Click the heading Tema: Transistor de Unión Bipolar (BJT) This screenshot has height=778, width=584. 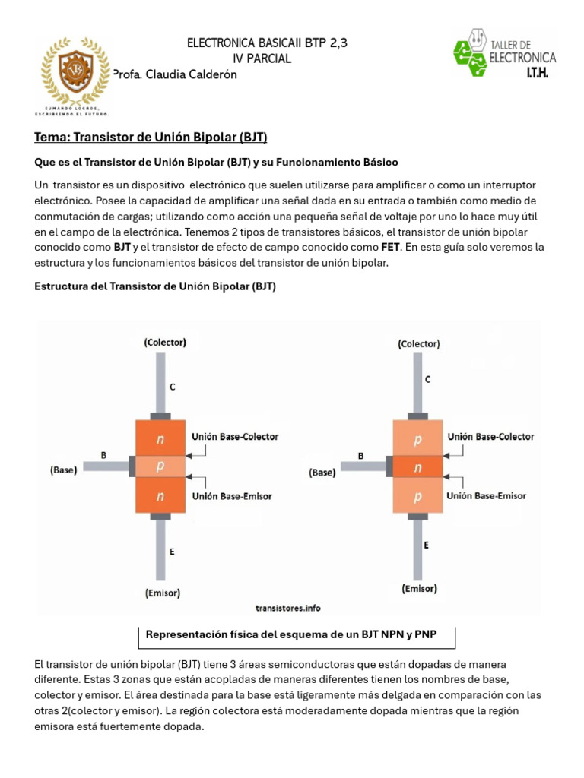click(151, 137)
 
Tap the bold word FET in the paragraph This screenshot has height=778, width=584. click(390, 247)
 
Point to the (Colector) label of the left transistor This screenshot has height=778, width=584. click(164, 343)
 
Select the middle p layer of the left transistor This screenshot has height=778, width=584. click(160, 466)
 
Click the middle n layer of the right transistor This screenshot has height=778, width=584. click(417, 468)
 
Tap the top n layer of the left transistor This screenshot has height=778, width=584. click(160, 438)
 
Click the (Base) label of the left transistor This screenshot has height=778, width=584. click(64, 470)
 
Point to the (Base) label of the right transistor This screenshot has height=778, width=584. click(322, 472)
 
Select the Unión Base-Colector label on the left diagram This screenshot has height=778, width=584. click(235, 436)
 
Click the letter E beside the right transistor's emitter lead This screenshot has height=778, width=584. click(426, 545)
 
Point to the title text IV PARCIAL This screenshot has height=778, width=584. click(261, 59)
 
